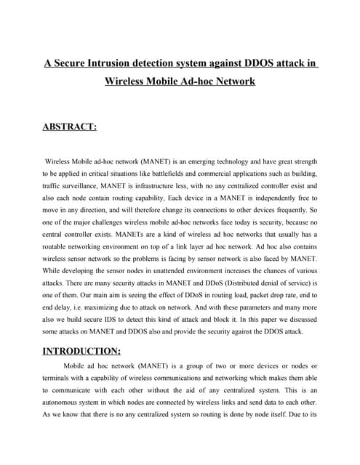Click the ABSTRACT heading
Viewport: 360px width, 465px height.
[x=70, y=128]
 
